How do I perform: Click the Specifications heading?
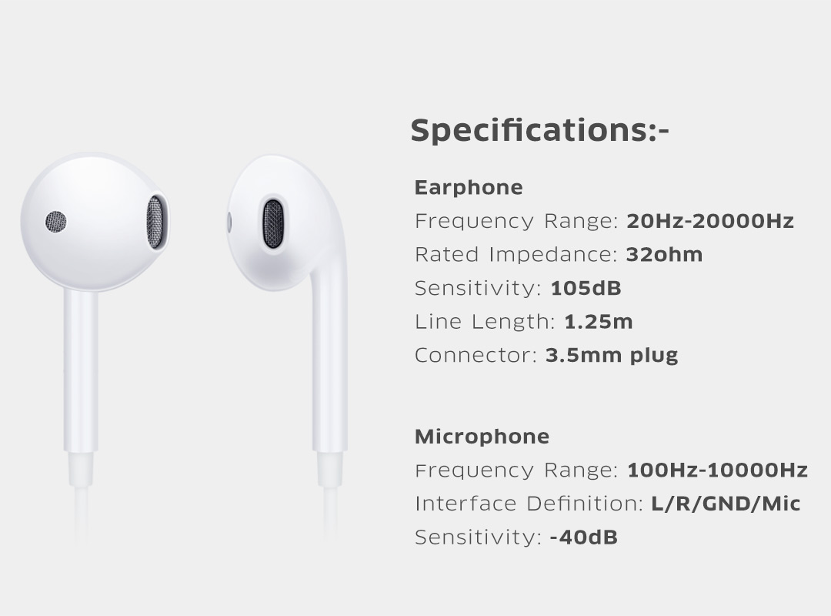tap(539, 131)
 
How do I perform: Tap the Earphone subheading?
tap(469, 188)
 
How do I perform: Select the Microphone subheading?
tap(482, 437)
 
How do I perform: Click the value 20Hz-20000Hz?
tap(710, 221)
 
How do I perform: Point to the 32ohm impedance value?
tap(664, 255)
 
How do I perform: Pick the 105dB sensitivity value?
tap(586, 288)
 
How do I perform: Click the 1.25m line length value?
tap(599, 322)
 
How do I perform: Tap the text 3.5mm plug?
tap(612, 356)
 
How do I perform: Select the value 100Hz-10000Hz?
tap(717, 470)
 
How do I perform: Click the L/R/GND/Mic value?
tap(726, 504)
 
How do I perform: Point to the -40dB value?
tap(584, 537)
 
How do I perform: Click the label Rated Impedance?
tap(516, 255)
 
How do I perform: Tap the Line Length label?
tap(485, 322)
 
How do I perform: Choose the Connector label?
tap(476, 356)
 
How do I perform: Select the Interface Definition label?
tap(529, 504)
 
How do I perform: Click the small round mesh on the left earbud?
tap(55, 222)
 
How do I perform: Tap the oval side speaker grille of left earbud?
tap(155, 223)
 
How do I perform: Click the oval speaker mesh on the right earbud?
tap(273, 224)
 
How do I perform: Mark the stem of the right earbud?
tap(329, 371)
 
